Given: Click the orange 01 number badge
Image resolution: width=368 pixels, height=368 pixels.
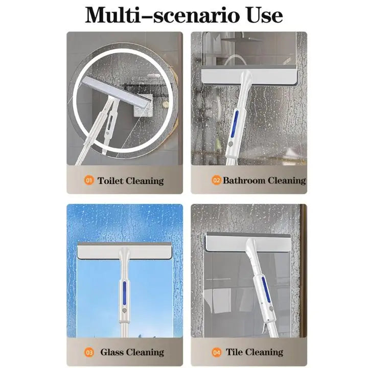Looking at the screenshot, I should pos(89,180).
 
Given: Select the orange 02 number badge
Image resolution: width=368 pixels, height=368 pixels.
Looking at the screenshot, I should pos(216,180).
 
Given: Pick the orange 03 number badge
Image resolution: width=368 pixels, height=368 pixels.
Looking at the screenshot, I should pos(89,352).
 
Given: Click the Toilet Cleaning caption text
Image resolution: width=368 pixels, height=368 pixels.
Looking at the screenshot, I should pos(130,180).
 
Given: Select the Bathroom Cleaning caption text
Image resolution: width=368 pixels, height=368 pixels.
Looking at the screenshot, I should pos(264,180).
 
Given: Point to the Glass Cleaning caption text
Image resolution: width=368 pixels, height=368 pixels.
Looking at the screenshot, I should pos(132,352).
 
